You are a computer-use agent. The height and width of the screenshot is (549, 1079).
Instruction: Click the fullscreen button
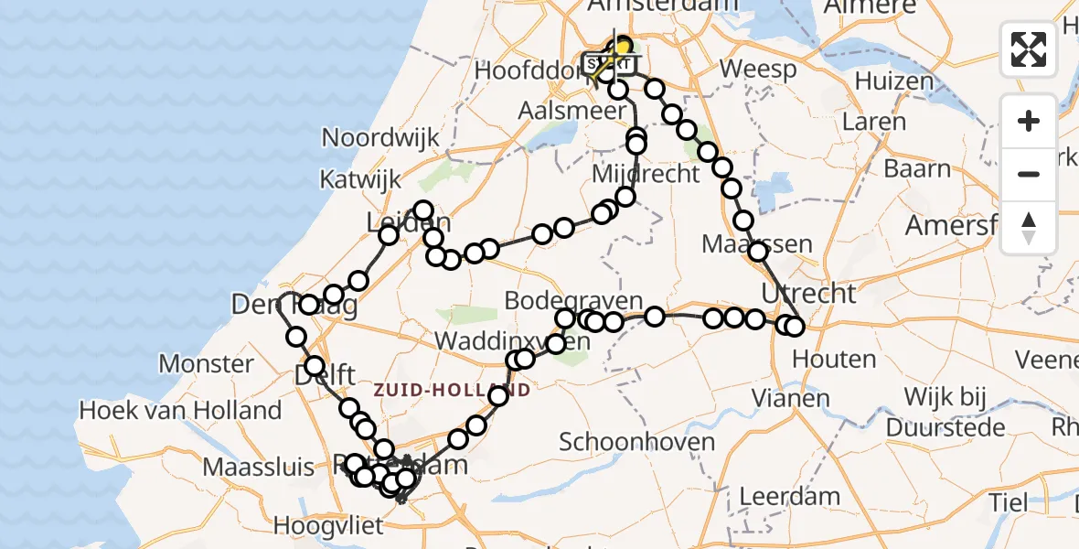tap(1029, 49)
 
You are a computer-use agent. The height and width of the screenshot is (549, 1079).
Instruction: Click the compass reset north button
tap(1029, 228)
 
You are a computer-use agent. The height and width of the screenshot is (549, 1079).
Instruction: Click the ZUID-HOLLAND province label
tap(452, 390)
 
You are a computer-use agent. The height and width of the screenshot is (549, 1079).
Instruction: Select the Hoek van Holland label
tap(180, 410)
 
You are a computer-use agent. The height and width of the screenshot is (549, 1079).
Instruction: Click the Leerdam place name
tap(776, 497)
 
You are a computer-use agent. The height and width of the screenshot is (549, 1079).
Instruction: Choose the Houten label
tap(828, 360)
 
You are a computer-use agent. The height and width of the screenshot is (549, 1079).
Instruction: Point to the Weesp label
tap(758, 70)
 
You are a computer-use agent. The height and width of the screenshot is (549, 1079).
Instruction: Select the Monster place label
tap(206, 363)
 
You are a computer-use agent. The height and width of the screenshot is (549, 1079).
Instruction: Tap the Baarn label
tap(918, 169)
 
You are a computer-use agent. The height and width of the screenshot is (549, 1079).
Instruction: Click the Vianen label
tap(791, 398)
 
